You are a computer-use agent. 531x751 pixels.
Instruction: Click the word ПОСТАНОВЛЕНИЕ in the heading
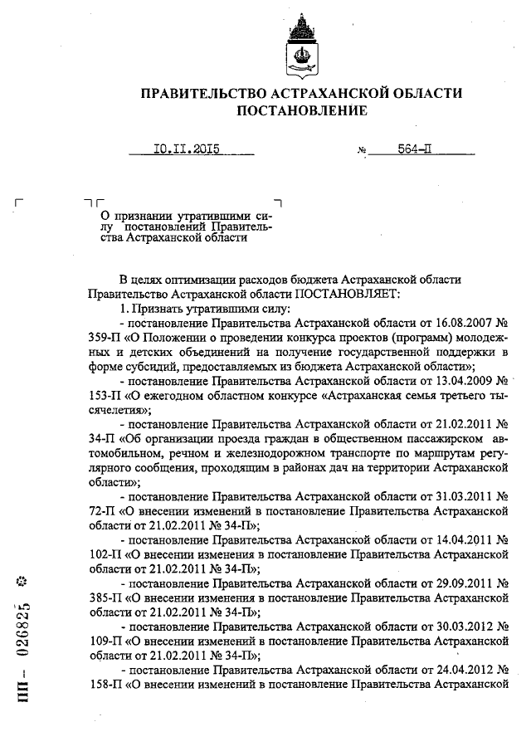point(302,110)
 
